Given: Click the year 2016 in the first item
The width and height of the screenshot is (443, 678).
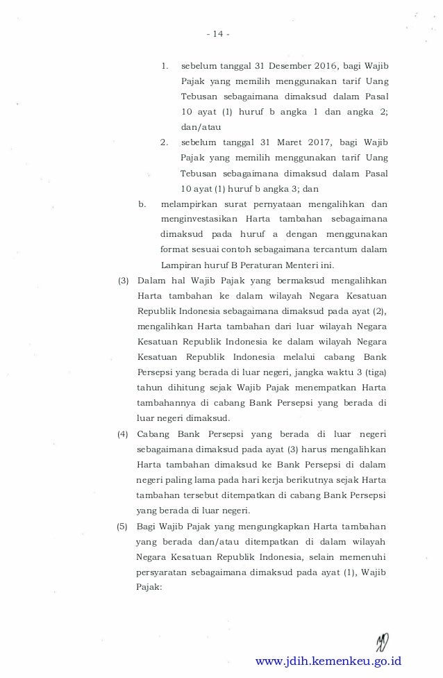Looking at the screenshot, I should (322, 67).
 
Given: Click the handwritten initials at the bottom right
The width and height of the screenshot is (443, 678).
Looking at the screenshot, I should (381, 640).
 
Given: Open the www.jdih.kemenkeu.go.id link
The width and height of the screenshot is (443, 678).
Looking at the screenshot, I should (328, 661).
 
